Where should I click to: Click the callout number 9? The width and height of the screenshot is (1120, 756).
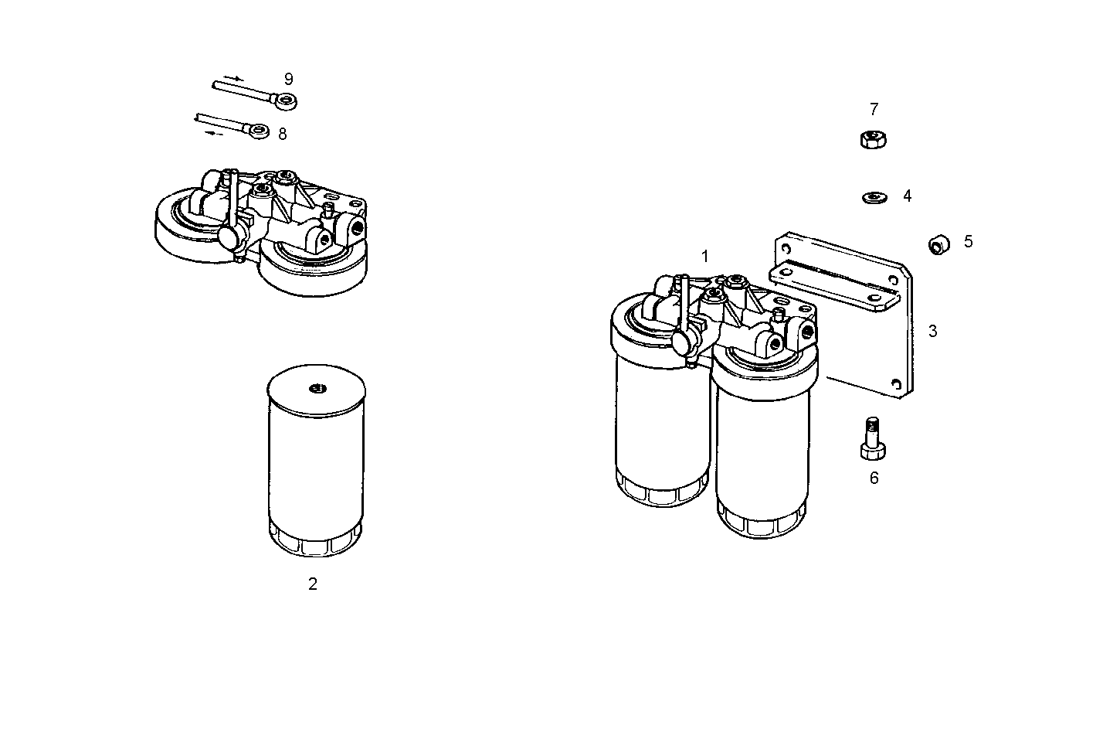288,79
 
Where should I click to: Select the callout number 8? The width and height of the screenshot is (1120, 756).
282,134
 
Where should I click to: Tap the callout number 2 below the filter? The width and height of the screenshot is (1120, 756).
313,584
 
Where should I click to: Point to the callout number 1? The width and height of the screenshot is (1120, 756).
704,256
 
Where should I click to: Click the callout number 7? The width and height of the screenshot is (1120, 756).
874,109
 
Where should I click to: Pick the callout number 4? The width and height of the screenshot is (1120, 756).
907,196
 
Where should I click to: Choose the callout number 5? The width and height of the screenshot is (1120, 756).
968,241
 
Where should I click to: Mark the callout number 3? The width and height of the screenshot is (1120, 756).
932,331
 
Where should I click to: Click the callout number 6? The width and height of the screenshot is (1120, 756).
874,478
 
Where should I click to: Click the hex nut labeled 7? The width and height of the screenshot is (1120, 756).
872,140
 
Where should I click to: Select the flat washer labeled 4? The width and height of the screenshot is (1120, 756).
874,198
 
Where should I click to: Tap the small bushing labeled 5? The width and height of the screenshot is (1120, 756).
937,246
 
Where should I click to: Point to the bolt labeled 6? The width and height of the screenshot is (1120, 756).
872,438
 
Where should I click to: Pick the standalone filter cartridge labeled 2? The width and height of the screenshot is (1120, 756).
315,464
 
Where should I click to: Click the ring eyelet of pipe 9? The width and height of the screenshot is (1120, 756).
287,100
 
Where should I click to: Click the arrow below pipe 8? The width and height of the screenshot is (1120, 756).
216,134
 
